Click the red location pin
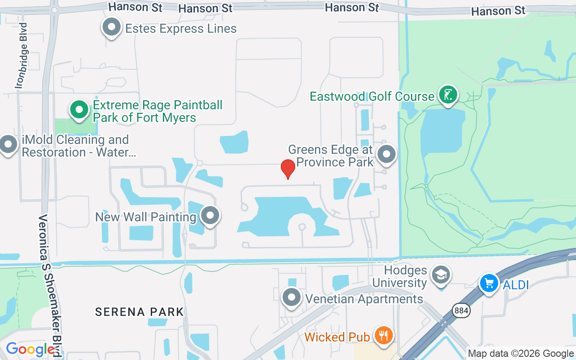pos(288,169)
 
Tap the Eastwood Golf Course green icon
pos(448,95)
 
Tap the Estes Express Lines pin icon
pos(111,27)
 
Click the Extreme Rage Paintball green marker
pos(79,110)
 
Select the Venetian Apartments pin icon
pos(292,297)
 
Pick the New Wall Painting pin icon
pos(210,216)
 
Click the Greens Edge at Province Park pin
pos(386,154)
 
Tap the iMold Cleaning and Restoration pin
pos(8,144)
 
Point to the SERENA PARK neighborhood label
pos(139,312)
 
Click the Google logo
pos(30,349)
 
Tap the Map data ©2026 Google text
pos(521,354)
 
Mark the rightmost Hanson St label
pos(498,10)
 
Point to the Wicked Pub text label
pos(337,337)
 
